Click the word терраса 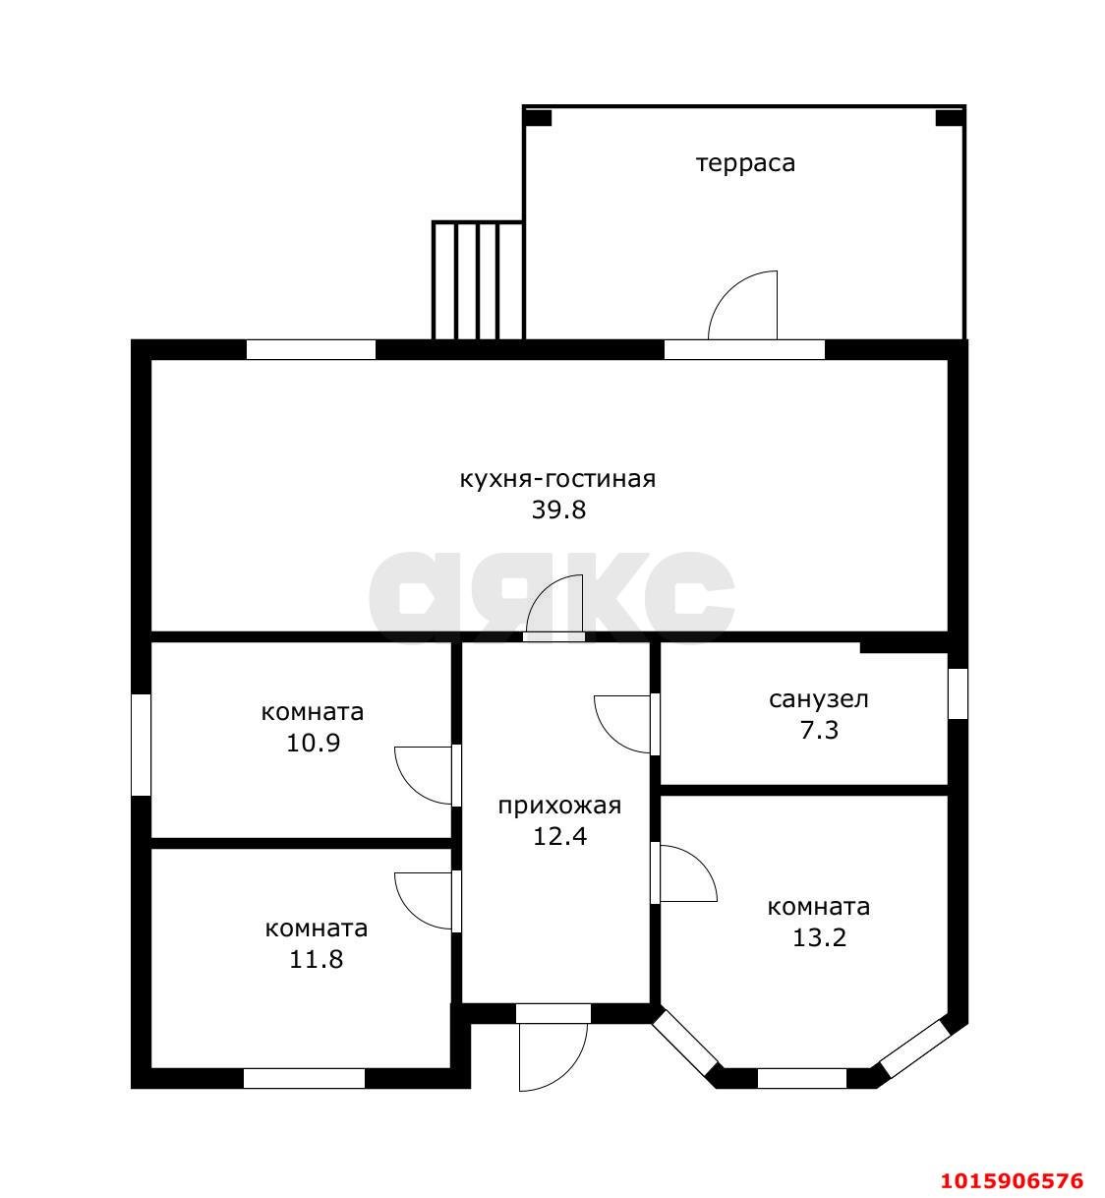[745, 163]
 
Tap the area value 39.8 [558, 509]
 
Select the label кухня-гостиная [558, 480]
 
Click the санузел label [819, 699]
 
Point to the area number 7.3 [819, 731]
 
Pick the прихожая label [559, 806]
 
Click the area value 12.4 [559, 837]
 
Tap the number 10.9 [313, 743]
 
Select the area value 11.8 [316, 959]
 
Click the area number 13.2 [819, 937]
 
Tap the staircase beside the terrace [478, 280]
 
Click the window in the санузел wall [958, 693]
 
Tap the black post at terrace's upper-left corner [538, 118]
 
